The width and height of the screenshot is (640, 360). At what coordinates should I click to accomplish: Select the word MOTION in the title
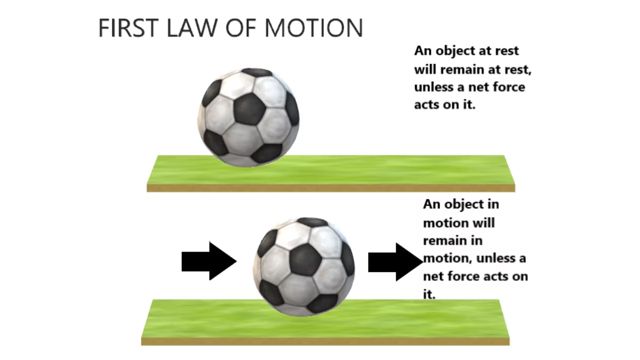pyautogui.click(x=313, y=28)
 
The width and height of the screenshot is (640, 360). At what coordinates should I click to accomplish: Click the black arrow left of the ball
pyautogui.click(x=208, y=261)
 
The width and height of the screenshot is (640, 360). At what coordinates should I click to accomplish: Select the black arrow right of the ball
pyautogui.click(x=395, y=261)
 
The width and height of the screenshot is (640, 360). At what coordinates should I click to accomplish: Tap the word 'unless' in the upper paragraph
pyautogui.click(x=432, y=87)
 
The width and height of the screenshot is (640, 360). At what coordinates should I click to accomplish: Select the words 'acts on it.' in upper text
pyautogui.click(x=444, y=105)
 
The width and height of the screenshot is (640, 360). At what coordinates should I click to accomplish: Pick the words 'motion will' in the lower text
pyautogui.click(x=458, y=222)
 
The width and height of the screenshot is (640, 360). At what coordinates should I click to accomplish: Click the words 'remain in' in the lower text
pyautogui.click(x=452, y=240)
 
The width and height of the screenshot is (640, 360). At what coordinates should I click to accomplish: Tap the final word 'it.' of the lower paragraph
pyautogui.click(x=429, y=294)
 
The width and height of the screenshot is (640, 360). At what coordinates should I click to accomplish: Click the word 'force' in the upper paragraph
pyautogui.click(x=507, y=87)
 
